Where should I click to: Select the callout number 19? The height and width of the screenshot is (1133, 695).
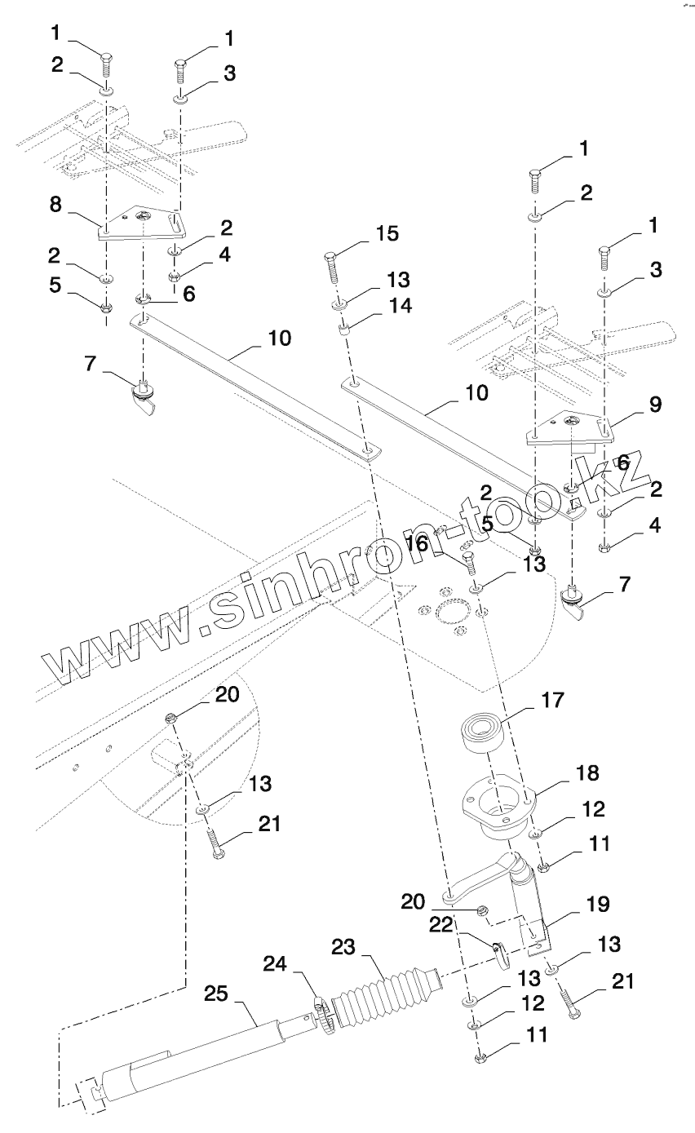click(598, 904)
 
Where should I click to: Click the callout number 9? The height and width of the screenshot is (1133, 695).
click(655, 404)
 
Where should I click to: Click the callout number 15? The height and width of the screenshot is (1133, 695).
click(388, 234)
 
